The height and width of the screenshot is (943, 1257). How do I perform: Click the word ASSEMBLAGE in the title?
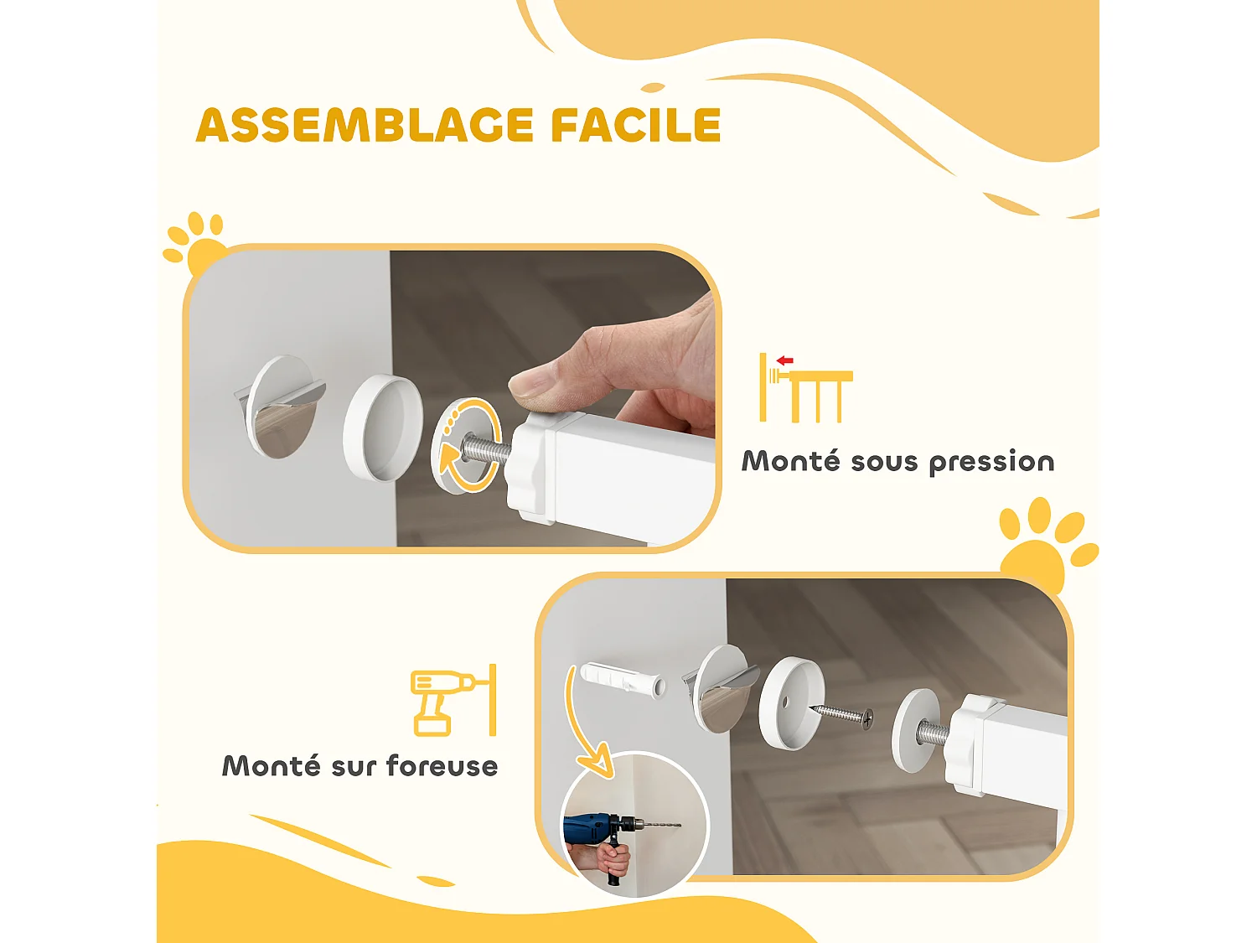pyautogui.click(x=365, y=126)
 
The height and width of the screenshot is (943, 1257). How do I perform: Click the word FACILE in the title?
pyautogui.click(x=635, y=126)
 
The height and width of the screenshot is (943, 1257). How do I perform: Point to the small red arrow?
pyautogui.click(x=785, y=360)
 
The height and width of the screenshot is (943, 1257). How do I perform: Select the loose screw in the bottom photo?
pyautogui.click(x=842, y=715)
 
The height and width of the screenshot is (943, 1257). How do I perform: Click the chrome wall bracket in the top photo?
pyautogui.click(x=281, y=407)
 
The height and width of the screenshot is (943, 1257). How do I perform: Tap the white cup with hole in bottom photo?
pyautogui.click(x=791, y=702)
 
